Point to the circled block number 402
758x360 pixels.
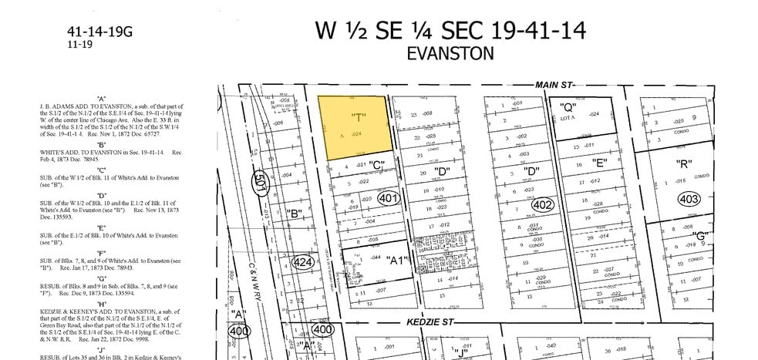pyautogui.click(x=543, y=205)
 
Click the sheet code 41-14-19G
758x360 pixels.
pyautogui.click(x=100, y=32)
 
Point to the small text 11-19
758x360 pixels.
pyautogui.click(x=79, y=45)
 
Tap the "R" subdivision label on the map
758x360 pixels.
pyautogui.click(x=682, y=163)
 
